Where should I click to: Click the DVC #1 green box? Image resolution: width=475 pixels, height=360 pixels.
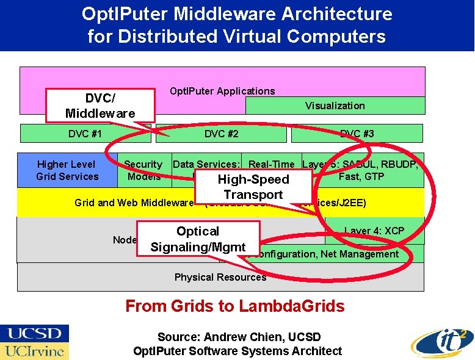click(x=85, y=134)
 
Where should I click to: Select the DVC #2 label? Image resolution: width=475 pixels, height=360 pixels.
click(x=221, y=134)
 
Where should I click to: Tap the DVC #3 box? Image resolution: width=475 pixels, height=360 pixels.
click(x=357, y=134)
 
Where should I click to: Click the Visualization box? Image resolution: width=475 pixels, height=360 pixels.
click(x=335, y=106)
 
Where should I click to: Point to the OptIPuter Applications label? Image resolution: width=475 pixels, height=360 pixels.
click(x=222, y=91)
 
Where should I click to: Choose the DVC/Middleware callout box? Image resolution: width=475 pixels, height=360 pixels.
click(x=100, y=106)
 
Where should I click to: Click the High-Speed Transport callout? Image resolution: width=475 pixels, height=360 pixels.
click(x=253, y=187)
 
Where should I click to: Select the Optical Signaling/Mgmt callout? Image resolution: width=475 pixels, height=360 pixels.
click(x=198, y=239)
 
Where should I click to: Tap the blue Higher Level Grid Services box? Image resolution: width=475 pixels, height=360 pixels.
click(x=67, y=170)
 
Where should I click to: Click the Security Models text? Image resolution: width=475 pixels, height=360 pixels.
click(x=143, y=170)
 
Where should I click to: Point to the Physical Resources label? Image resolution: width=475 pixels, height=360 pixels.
click(x=220, y=277)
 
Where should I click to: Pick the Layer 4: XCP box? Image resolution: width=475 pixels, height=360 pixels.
click(x=374, y=231)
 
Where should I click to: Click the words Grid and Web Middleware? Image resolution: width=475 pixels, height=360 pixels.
click(x=134, y=203)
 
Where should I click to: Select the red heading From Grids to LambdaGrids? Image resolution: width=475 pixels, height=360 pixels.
click(x=234, y=306)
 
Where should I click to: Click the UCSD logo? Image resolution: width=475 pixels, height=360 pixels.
click(x=35, y=333)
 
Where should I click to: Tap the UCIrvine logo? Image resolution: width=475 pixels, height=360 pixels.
click(x=35, y=351)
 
